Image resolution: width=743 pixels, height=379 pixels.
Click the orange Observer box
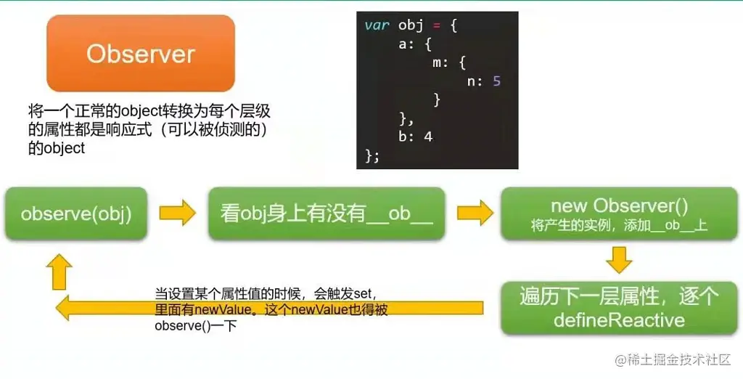[x=141, y=53]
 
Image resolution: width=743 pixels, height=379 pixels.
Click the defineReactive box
[x=619, y=308]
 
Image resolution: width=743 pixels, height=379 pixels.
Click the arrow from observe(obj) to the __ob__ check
[x=177, y=213]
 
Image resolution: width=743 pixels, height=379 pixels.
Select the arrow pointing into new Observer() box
[x=475, y=213]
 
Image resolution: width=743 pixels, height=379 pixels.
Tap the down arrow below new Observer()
[x=619, y=260]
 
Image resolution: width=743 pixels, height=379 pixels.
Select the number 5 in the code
[x=496, y=81]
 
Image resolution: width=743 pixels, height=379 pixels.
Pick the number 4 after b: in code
[x=428, y=136]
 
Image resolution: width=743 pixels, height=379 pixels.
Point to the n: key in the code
[x=475, y=81]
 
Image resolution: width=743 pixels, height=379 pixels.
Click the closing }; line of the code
[x=372, y=155]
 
